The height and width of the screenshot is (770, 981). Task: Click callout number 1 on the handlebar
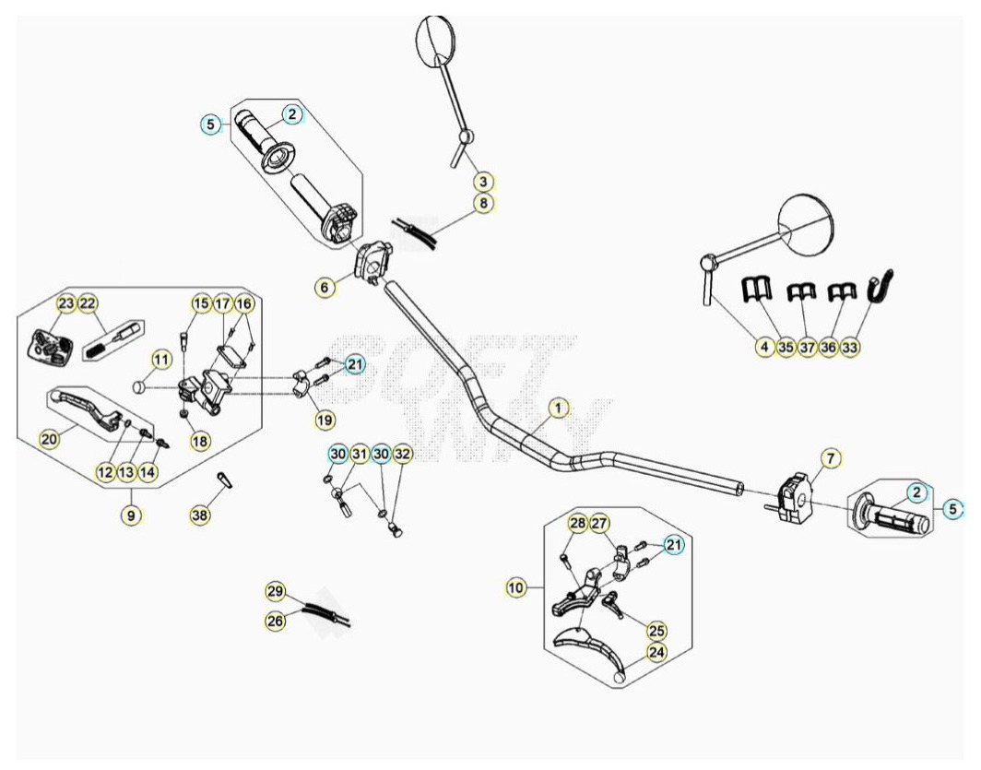[558, 409]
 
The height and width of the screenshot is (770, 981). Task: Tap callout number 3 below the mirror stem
[483, 182]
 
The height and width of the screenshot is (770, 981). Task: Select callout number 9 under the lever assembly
[131, 515]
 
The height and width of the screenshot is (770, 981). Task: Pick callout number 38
[199, 515]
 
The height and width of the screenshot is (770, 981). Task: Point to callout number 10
[514, 588]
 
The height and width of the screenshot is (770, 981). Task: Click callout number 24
[656, 652]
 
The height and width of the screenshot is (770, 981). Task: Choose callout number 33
[849, 347]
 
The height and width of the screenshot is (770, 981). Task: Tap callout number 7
[830, 458]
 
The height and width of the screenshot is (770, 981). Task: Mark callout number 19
[325, 420]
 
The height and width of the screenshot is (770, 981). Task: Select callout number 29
[276, 591]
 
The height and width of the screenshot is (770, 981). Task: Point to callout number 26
[276, 621]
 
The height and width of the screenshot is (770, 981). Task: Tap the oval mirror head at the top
[437, 40]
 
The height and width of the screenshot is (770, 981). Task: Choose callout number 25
[656, 630]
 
